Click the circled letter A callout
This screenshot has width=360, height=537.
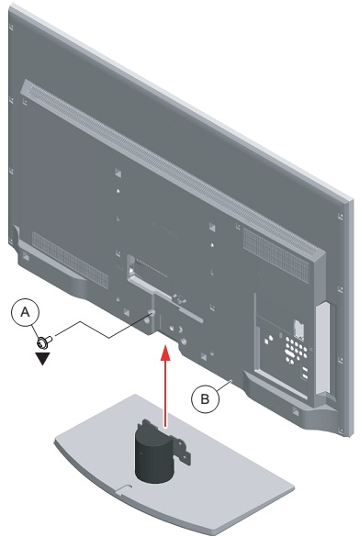coord(25,312)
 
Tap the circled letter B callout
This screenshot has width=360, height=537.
coord(205,399)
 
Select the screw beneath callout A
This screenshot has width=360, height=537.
coord(44,341)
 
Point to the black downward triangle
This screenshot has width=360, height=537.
coord(42,359)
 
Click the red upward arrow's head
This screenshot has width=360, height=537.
coord(166,352)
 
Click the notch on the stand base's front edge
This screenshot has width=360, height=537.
coord(124,488)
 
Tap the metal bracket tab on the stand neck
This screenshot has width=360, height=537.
coord(183,451)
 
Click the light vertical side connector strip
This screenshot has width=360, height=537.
coord(322,349)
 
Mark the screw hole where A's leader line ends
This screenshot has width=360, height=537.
coord(152,313)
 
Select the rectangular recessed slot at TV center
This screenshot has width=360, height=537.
coord(148,271)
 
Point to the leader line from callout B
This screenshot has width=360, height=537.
coord(224,386)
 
